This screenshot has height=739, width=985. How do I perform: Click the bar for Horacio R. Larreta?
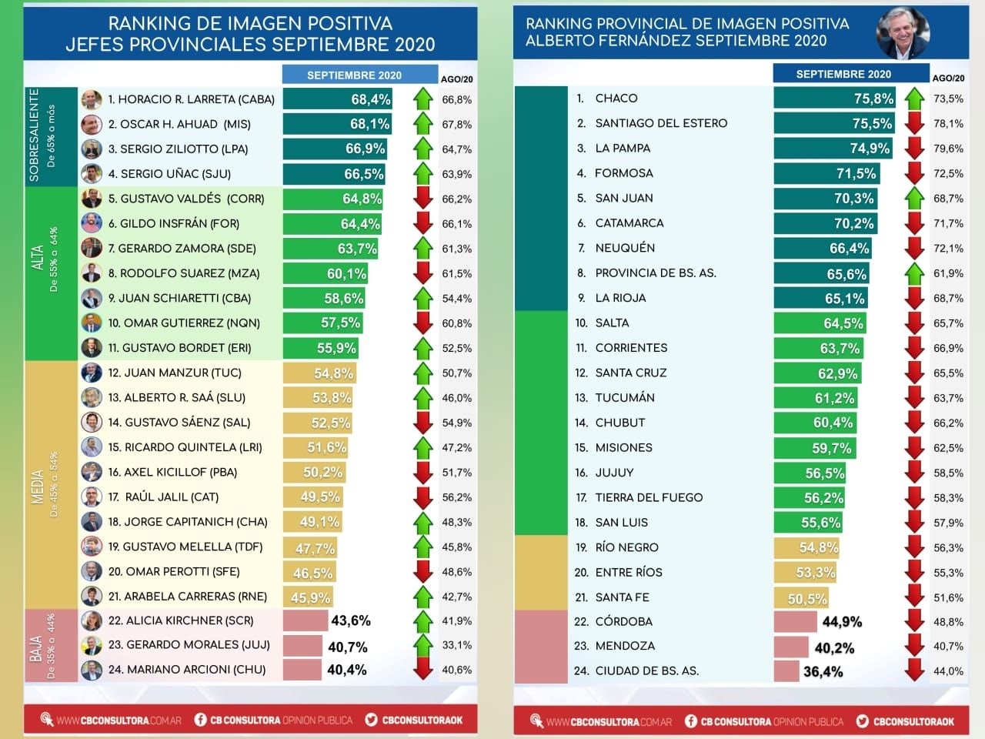338,99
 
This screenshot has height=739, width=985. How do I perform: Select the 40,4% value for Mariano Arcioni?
347,670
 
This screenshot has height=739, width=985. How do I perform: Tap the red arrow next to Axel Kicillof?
423,472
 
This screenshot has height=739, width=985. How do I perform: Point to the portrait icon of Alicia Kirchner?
92,620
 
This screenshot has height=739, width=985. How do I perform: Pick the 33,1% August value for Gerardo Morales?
457,645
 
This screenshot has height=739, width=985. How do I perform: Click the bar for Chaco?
835,99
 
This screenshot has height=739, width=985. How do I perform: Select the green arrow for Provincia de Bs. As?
914,273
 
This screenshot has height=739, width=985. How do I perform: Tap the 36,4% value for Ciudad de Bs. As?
823,671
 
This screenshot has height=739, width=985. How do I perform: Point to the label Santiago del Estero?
661,123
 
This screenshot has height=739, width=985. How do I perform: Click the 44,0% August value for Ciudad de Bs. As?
948,671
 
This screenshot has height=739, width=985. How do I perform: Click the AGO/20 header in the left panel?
456,79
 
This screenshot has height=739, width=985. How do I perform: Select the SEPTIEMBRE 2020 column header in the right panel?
843,74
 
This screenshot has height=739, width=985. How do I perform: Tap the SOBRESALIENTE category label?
34,135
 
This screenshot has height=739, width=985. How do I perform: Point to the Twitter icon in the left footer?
372,720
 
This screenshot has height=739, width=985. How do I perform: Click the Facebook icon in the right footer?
691,721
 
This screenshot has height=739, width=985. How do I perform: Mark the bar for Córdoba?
795,621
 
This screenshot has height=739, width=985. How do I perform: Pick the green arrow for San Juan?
914,199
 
